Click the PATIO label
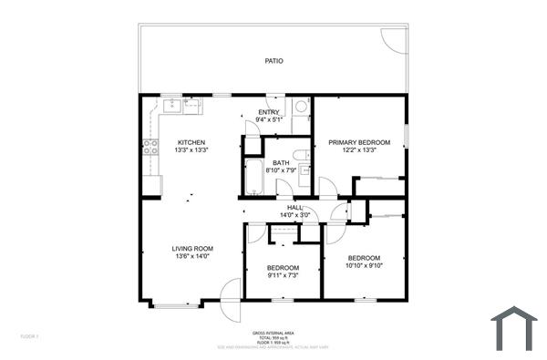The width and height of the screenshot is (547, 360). coord(273,61)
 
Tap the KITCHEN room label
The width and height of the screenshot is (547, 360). coord(191,142)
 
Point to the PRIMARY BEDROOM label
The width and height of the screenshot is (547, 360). coord(359,142)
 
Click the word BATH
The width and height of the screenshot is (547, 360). coord(281,162)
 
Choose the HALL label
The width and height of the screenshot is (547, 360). coord(294,208)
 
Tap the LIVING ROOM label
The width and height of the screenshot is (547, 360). coord(192,248)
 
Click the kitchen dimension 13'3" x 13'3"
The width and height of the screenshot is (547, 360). coord(191,150)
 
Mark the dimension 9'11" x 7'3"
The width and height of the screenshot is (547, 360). coord(283,274)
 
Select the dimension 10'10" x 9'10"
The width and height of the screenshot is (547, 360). coord(366,265)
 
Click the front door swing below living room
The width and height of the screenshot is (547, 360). coord(230,293)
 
